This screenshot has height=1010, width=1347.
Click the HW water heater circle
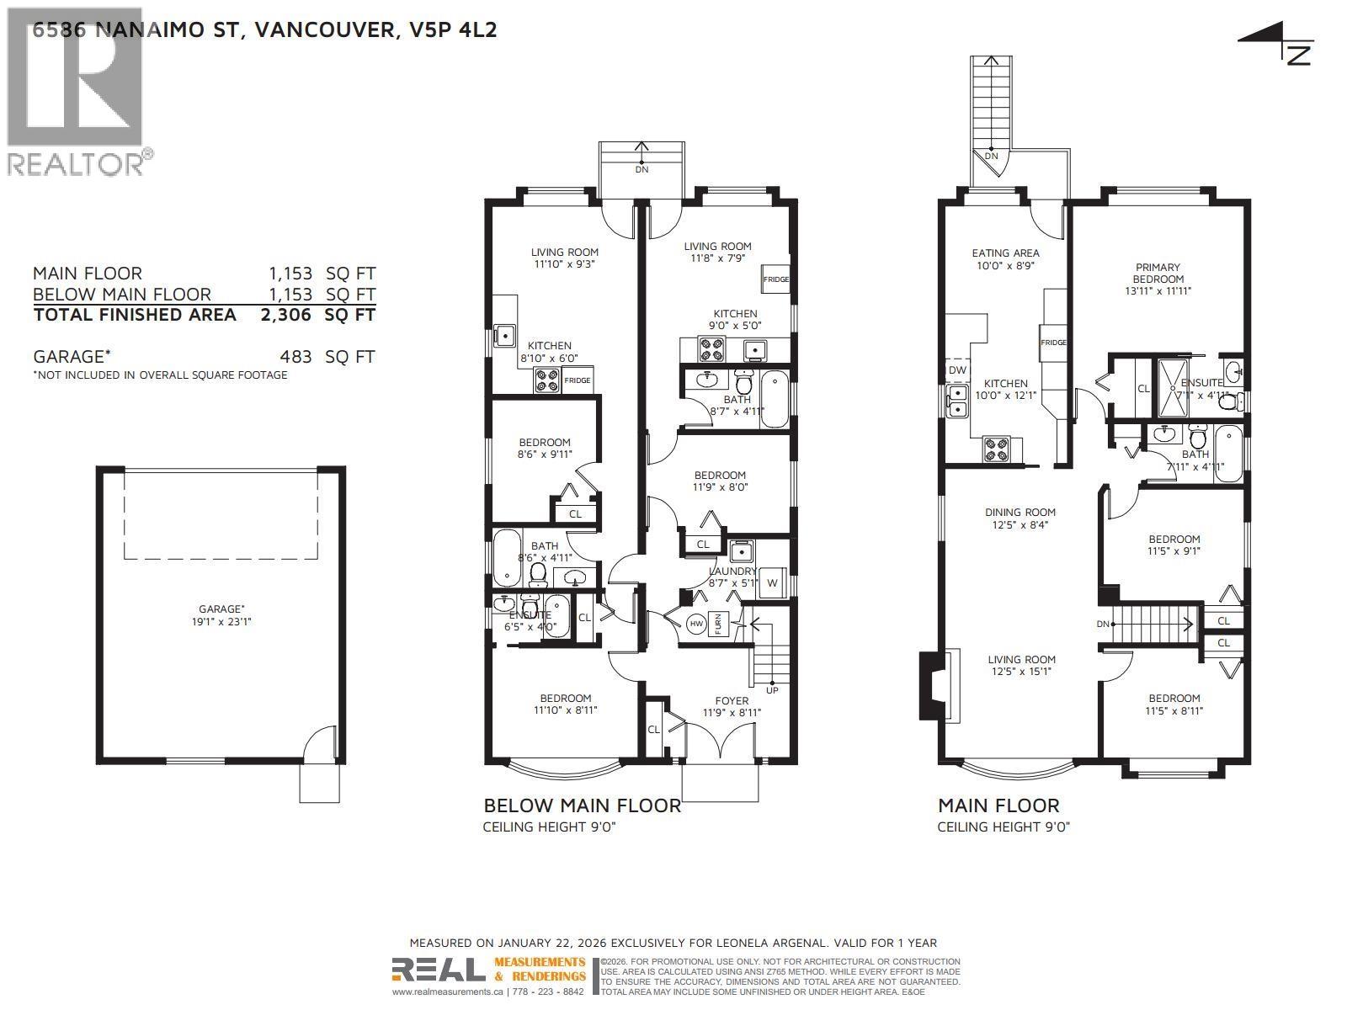click(x=696, y=625)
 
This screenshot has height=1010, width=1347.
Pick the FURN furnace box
click(x=718, y=624)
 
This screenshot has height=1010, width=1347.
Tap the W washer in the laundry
click(x=772, y=583)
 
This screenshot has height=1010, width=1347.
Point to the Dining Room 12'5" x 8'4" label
click(x=1020, y=518)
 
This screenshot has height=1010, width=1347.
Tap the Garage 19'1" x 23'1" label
click(x=221, y=615)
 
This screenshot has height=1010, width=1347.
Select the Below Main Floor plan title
click(x=582, y=805)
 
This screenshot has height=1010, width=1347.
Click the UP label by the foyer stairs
click(x=772, y=690)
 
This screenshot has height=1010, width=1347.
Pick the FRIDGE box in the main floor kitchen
click(x=1054, y=342)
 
